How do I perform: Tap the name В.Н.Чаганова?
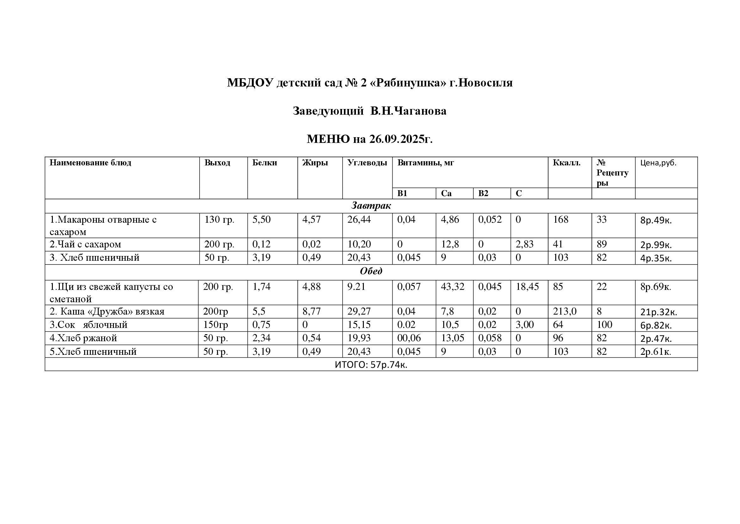(408, 111)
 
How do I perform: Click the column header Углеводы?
(367, 163)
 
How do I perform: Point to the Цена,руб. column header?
(658, 163)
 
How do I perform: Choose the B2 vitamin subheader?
(483, 193)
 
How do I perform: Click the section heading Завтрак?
(371, 206)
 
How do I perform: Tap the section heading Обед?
(371, 271)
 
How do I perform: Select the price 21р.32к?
(658, 312)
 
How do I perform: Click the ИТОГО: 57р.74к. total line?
(371, 365)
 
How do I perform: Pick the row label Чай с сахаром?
(85, 244)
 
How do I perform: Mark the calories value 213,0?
(565, 311)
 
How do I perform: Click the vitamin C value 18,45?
(527, 286)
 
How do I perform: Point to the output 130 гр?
(220, 220)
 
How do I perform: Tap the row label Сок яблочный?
(89, 325)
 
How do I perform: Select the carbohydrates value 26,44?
(359, 220)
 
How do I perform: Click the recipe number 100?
(604, 325)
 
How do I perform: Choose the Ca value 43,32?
(452, 286)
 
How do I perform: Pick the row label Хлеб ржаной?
(83, 338)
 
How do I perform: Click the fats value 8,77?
(311, 311)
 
